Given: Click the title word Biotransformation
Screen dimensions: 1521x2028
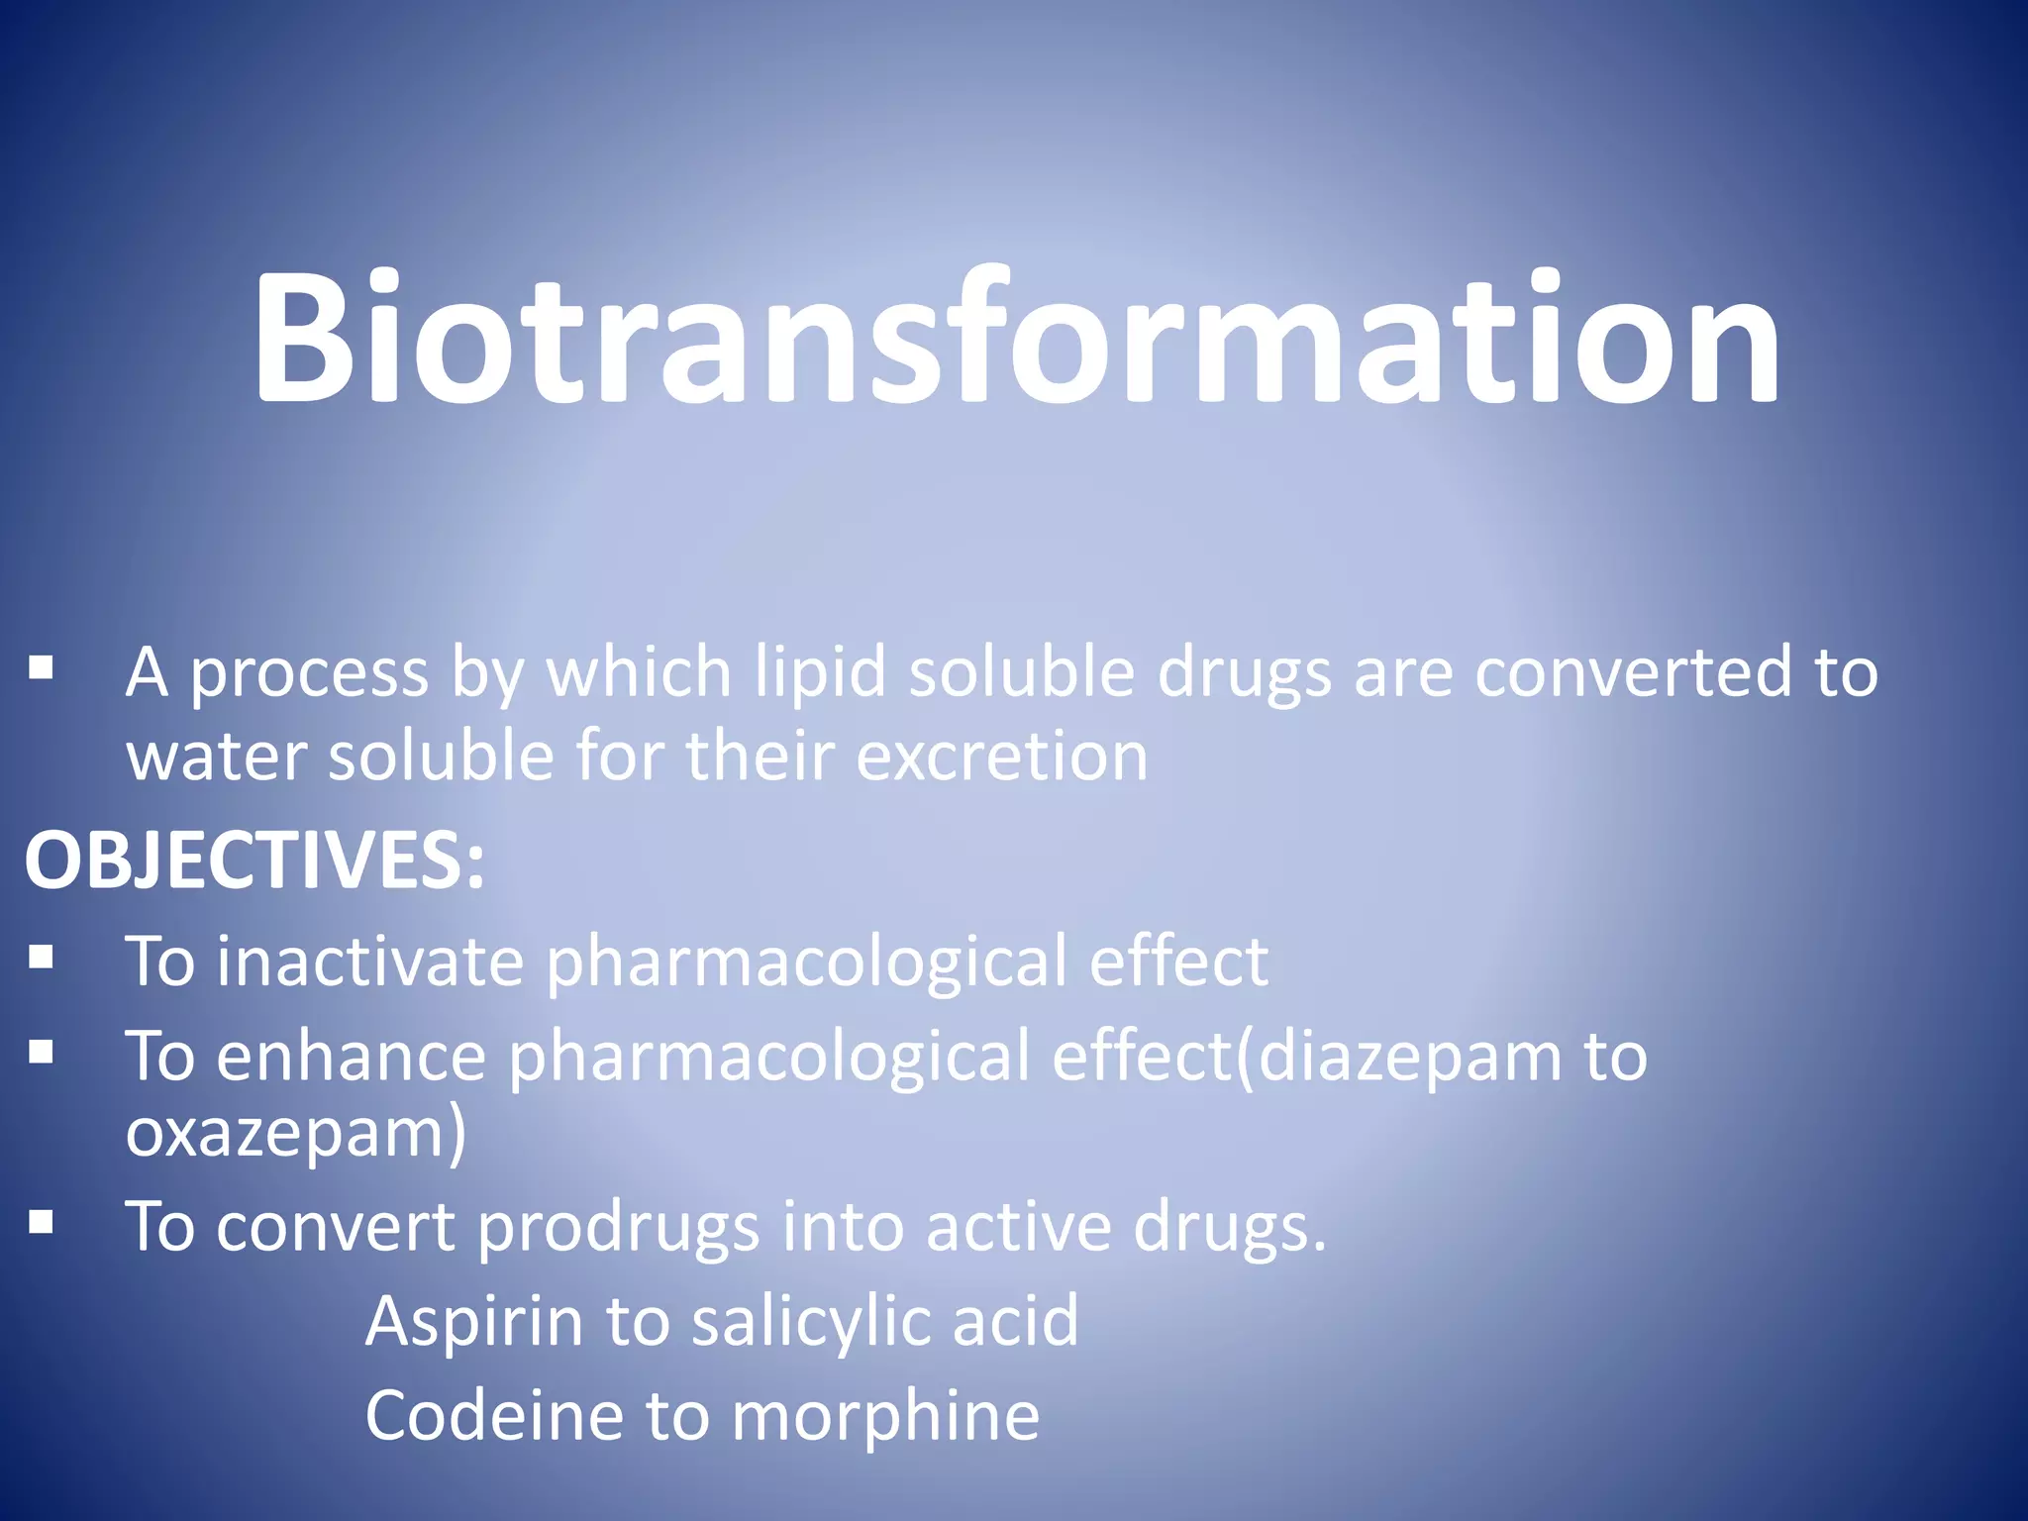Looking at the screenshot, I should click(x=1016, y=339).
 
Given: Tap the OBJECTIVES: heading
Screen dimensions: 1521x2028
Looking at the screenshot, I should click(x=254, y=860).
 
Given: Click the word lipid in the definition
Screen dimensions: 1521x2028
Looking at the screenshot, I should click(x=820, y=673).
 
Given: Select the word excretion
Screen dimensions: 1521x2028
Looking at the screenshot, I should click(x=1001, y=757).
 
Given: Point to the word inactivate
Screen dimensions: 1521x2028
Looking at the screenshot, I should click(x=369, y=961).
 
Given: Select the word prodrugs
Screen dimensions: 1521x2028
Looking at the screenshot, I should click(x=618, y=1228).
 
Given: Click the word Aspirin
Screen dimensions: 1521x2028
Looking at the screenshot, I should click(x=474, y=1321).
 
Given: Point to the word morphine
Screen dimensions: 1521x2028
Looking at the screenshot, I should click(x=885, y=1415).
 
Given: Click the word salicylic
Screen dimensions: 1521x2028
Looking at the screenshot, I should click(x=811, y=1321).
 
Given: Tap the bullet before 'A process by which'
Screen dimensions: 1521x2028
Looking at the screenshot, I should click(x=41, y=668).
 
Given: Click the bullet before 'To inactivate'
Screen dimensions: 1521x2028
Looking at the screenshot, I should click(x=41, y=957).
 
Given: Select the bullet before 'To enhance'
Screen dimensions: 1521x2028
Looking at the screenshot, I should click(x=41, y=1052).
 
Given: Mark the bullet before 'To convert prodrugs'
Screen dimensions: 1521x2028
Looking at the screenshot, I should click(x=41, y=1223).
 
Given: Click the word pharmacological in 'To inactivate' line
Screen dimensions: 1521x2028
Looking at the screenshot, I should click(x=805, y=963).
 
